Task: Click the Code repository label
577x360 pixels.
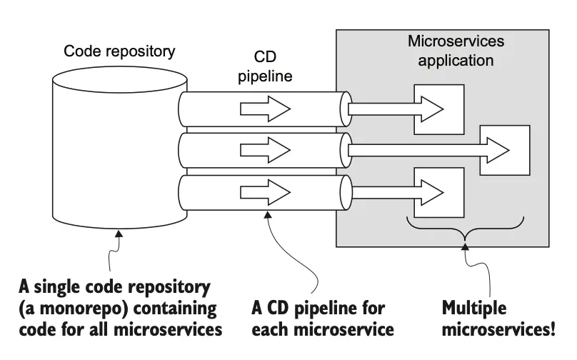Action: click(119, 51)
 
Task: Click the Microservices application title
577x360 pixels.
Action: click(456, 51)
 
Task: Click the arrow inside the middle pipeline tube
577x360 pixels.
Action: click(265, 149)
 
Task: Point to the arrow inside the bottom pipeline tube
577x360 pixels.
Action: click(265, 191)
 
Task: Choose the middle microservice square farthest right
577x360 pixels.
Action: click(505, 150)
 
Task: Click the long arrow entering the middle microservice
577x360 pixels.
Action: click(428, 150)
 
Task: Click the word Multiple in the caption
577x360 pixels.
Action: click(475, 309)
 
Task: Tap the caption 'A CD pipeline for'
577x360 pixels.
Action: click(318, 309)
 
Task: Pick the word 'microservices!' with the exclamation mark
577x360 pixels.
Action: click(498, 330)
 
